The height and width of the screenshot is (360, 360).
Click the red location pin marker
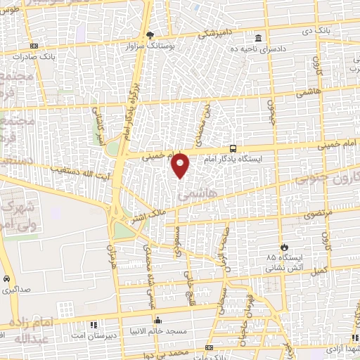[181, 165]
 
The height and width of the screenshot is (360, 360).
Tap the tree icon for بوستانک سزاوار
[149, 34]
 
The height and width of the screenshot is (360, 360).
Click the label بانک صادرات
[58, 55]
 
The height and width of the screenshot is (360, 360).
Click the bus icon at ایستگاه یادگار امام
[233, 148]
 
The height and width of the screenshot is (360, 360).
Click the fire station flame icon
[284, 247]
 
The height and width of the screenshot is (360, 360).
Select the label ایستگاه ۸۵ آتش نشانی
[284, 262]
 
